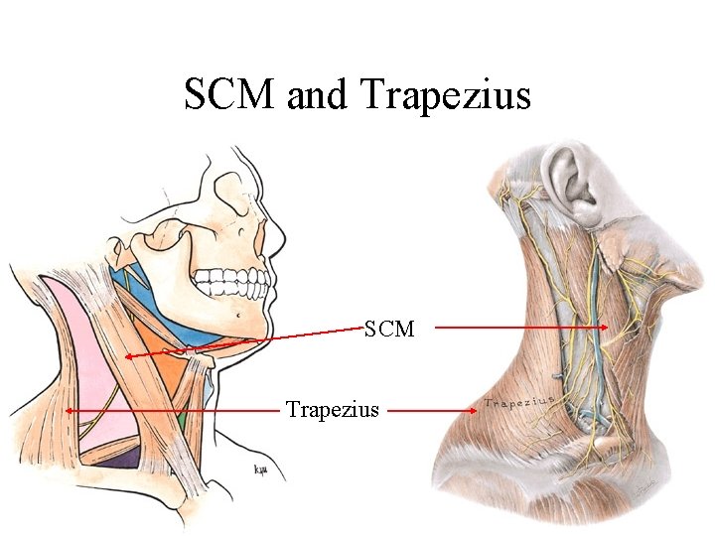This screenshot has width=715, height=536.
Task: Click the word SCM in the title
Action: [230, 95]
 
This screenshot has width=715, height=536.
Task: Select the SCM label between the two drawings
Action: [389, 329]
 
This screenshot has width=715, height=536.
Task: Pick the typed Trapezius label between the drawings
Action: [333, 409]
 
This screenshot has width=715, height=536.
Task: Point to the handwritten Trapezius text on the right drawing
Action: [518, 402]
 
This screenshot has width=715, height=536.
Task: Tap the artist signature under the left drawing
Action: [262, 468]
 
